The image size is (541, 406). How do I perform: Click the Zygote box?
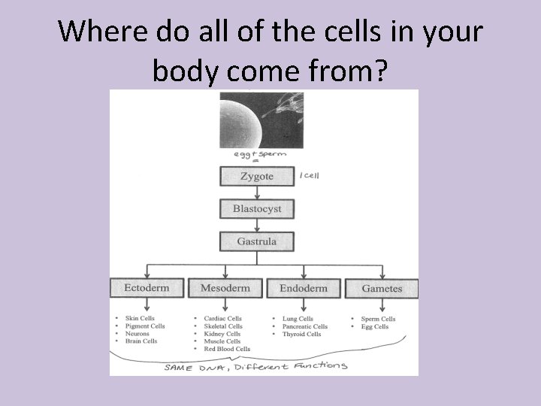pos(257,176)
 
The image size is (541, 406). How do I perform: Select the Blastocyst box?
pos(257,208)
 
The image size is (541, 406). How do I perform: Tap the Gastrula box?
pos(257,241)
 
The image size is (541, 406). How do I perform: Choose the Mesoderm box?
pos(225,288)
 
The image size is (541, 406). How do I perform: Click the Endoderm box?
pos(304,288)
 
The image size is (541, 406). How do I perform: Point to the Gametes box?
pos(382,288)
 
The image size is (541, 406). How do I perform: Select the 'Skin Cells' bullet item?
pos(140,319)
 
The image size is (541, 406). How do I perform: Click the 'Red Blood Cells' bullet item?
pos(227,349)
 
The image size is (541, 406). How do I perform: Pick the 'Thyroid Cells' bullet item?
pos(303,334)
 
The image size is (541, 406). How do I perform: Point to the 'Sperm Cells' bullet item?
pos(378,319)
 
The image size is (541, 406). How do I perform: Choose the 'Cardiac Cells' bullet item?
pos(222,319)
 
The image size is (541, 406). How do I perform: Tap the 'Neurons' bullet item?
pos(138,334)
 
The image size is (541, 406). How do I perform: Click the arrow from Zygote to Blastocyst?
pos(257,192)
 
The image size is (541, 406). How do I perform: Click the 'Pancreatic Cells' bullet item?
pos(305,326)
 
